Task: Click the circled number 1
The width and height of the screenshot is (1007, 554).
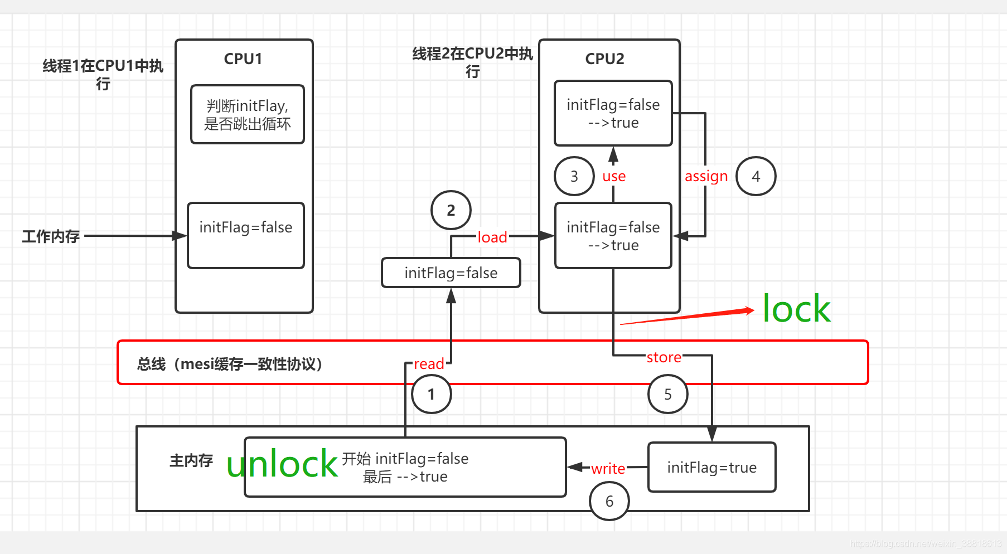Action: click(x=432, y=394)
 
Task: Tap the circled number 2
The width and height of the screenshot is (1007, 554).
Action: click(x=451, y=210)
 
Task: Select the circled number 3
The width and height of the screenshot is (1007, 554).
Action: click(x=574, y=176)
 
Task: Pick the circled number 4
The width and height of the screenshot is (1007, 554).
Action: click(x=756, y=176)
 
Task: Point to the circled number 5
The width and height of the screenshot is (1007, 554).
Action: click(x=668, y=394)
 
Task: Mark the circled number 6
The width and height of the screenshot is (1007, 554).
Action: click(x=609, y=501)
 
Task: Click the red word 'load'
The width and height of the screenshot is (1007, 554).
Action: click(x=492, y=237)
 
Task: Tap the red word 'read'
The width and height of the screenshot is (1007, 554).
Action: click(x=429, y=364)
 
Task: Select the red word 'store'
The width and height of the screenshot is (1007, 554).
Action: click(x=664, y=357)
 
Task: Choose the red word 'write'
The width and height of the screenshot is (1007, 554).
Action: click(x=608, y=468)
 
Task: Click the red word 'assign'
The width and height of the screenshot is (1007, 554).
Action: click(x=706, y=177)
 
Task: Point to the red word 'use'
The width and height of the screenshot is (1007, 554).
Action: click(x=614, y=177)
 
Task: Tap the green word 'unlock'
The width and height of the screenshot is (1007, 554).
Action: click(x=282, y=464)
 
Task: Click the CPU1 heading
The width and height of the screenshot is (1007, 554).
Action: click(x=243, y=59)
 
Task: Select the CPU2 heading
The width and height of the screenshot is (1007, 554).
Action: click(x=605, y=59)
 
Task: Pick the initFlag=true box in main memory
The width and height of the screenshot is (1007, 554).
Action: click(x=712, y=467)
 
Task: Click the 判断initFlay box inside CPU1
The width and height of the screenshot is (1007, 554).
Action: click(x=248, y=114)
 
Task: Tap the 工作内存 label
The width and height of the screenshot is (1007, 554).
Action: click(x=51, y=236)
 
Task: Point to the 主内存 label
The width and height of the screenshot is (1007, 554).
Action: click(x=191, y=460)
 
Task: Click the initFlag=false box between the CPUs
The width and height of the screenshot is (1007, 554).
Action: click(x=451, y=273)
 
